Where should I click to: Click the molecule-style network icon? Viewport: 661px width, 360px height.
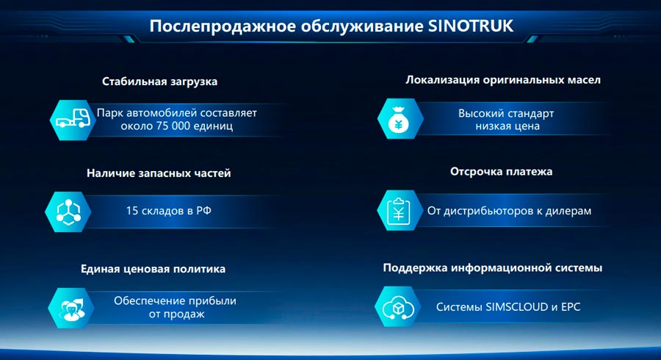[69, 212]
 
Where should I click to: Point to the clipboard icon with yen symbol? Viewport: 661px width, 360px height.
[399, 212]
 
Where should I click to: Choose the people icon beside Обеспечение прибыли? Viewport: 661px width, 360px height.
[69, 306]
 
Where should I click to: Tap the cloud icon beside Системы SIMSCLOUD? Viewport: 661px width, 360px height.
[399, 306]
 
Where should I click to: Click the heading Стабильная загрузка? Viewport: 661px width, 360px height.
[159, 82]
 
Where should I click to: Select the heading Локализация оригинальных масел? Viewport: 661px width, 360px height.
[503, 79]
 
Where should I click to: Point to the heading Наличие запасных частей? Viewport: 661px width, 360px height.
[159, 173]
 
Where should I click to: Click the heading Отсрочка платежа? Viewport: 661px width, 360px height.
[501, 172]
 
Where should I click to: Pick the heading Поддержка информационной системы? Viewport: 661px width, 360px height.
[493, 268]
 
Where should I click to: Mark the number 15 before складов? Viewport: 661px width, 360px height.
[132, 211]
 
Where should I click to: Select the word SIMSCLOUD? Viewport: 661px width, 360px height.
[517, 306]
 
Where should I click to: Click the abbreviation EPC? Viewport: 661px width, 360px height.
[570, 306]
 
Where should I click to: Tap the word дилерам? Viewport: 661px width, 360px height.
[566, 211]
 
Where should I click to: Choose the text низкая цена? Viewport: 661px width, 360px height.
[506, 126]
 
